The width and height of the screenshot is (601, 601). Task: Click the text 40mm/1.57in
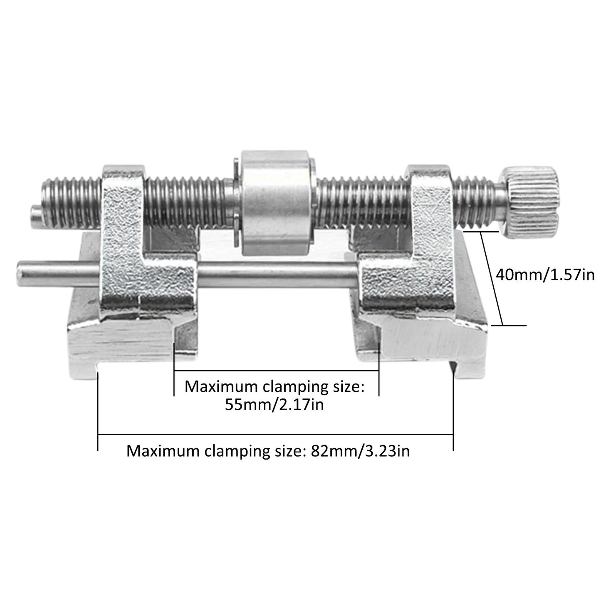[545, 275]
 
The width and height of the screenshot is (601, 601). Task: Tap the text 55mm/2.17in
[275, 405]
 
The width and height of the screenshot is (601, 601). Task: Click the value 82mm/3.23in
[359, 451]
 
